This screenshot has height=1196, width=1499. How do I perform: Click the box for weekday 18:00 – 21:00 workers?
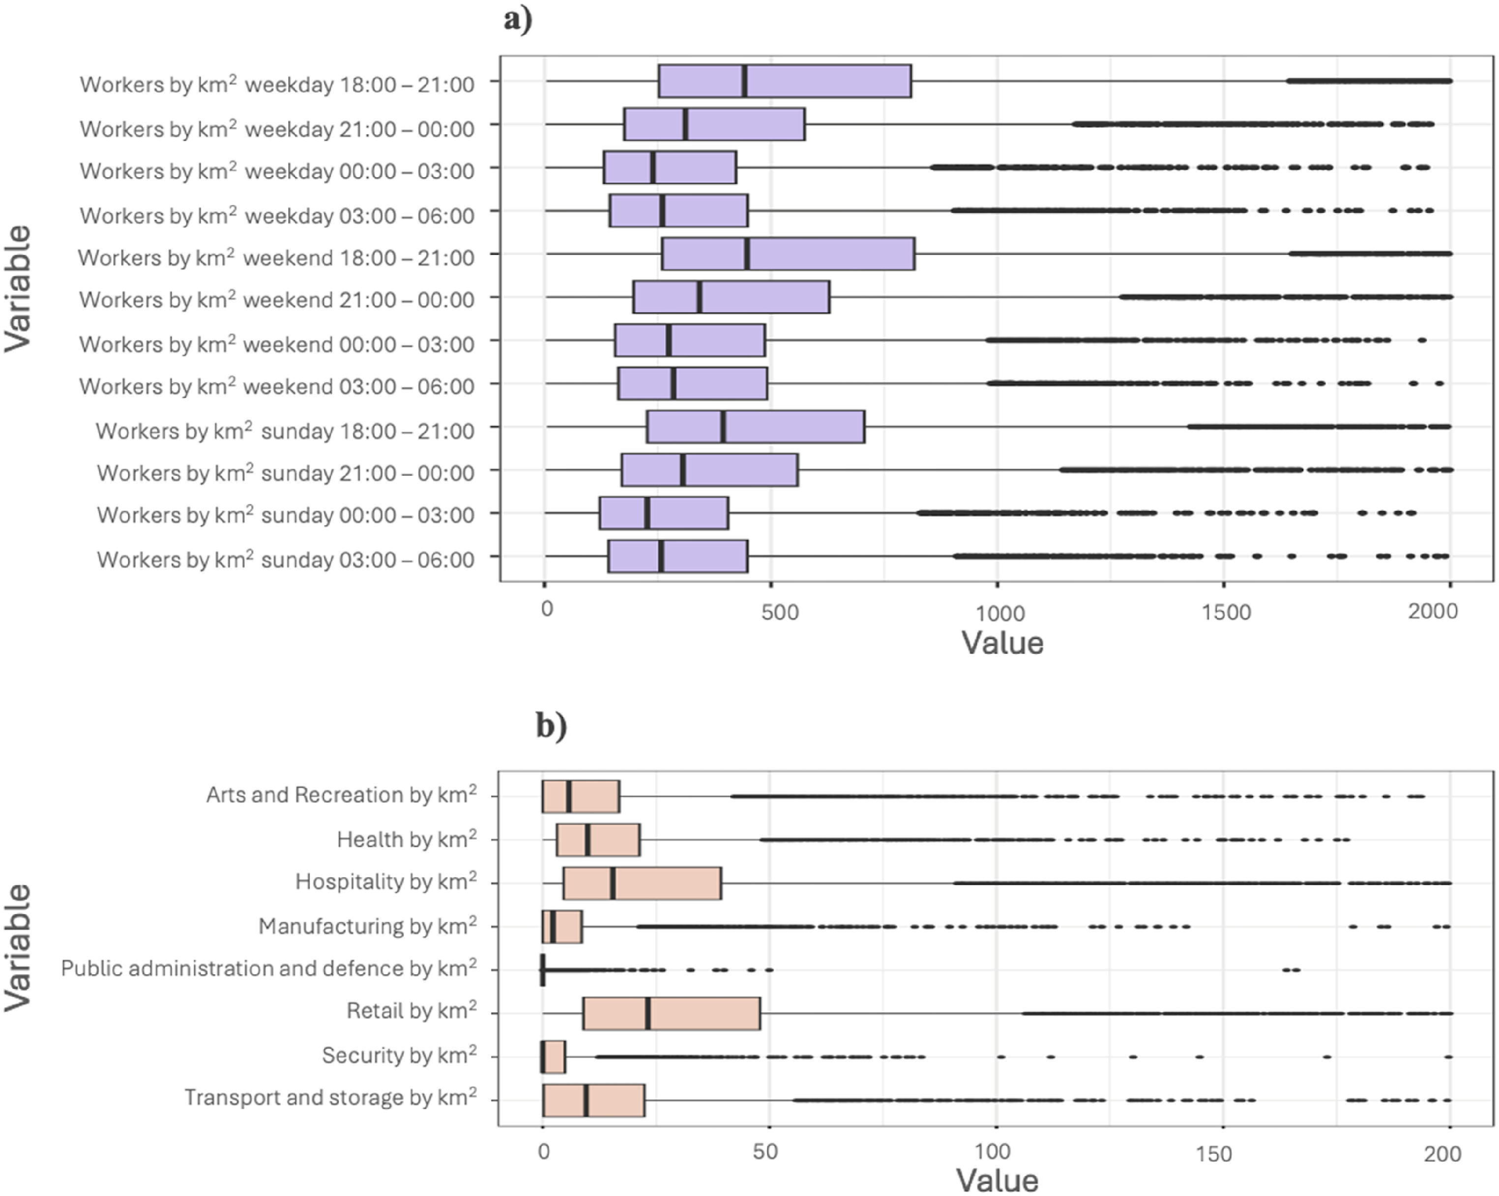(785, 81)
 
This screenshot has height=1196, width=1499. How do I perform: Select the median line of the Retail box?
(648, 1013)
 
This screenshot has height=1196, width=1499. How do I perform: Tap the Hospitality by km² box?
(643, 883)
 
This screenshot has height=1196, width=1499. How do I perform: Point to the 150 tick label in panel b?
(1214, 1154)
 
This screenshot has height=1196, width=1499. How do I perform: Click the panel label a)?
(519, 19)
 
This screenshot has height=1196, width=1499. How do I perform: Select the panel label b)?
(551, 725)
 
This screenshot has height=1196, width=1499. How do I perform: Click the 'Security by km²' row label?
(399, 1055)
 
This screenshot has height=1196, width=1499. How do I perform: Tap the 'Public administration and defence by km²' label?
(269, 968)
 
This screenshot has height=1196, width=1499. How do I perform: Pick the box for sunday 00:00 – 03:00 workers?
(664, 513)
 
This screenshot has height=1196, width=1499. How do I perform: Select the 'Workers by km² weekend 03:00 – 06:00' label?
(277, 386)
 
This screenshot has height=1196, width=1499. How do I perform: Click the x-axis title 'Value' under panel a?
(1002, 642)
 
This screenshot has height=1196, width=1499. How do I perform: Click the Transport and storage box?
(594, 1100)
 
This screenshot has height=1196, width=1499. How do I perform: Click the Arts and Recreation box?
(581, 796)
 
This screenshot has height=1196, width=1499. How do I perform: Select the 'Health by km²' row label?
(407, 839)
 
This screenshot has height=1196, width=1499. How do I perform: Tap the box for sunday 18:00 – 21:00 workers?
(756, 427)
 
